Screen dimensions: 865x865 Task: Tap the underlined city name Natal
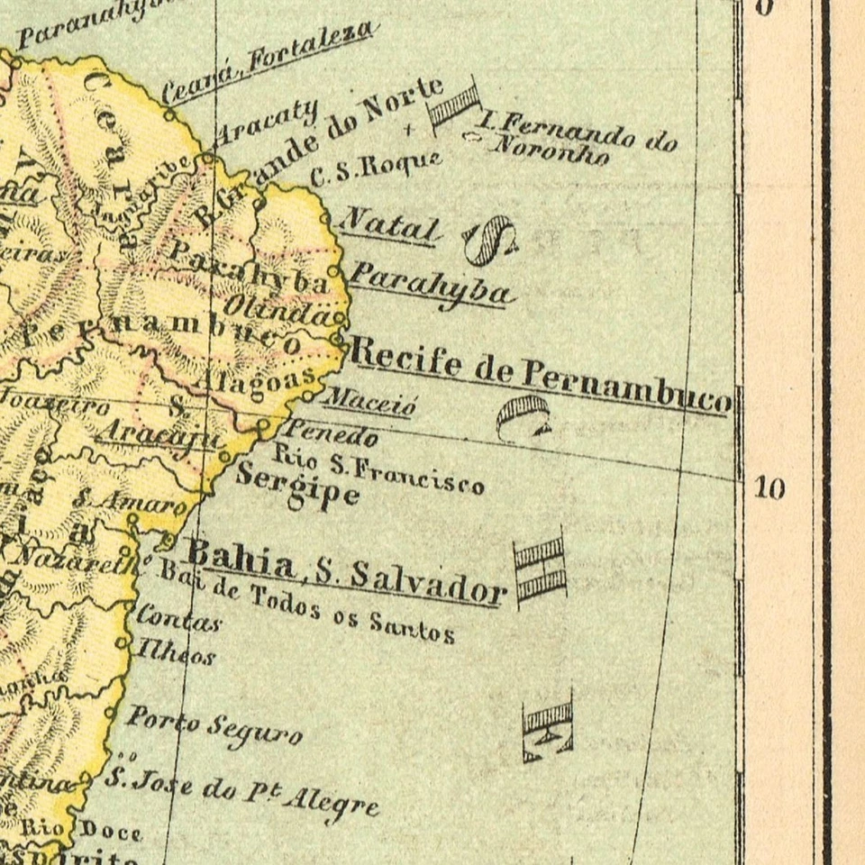coord(390,224)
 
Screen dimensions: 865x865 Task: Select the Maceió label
coord(369,400)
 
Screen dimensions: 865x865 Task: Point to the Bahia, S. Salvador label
coord(342,569)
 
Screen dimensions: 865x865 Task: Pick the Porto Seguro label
coord(213,726)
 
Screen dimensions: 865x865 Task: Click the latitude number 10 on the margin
coord(769,489)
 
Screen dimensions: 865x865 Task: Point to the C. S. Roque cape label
coord(376,169)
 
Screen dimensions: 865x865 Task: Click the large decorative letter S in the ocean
coord(489,241)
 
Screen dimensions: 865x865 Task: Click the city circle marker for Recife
coord(338,340)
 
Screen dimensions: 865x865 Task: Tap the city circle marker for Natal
coord(327,217)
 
